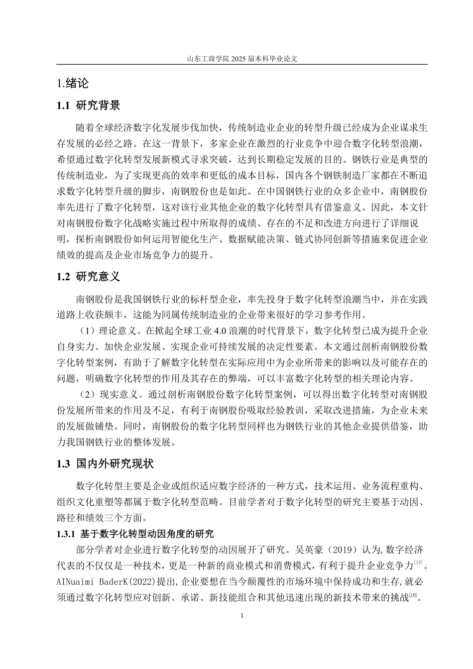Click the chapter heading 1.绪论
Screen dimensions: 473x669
pyautogui.click(x=73, y=83)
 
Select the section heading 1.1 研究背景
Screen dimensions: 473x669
pyautogui.click(x=89, y=106)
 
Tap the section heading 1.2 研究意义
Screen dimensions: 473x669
pyautogui.click(x=89, y=277)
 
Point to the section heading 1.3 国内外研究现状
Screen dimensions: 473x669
pyautogui.click(x=106, y=464)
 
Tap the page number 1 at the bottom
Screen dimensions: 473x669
pyautogui.click(x=241, y=616)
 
